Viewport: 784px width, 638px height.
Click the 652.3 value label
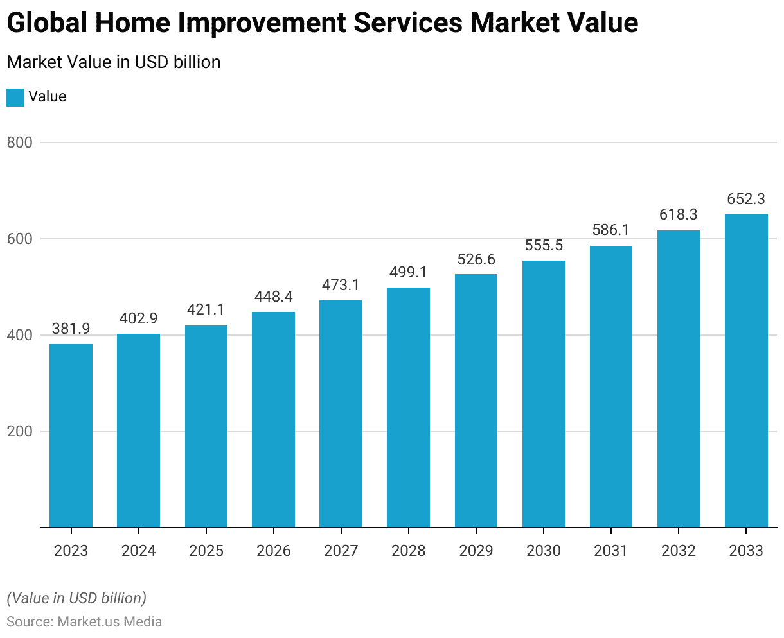(746, 199)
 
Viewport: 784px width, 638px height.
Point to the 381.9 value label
(71, 329)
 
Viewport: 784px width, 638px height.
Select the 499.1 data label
(408, 272)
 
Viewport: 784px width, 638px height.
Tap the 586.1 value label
(611, 230)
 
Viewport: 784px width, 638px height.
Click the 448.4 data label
(273, 297)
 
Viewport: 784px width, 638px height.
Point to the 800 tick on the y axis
(19, 142)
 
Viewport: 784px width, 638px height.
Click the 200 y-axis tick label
(19, 431)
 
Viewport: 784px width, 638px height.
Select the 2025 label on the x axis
(206, 551)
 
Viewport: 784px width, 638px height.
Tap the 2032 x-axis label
(679, 551)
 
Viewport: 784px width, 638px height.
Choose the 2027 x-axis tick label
(341, 551)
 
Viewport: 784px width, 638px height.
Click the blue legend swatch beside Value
(15, 97)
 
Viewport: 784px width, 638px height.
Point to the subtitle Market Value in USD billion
(114, 62)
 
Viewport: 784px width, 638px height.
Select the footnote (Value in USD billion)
(76, 598)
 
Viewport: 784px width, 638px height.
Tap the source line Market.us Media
(84, 622)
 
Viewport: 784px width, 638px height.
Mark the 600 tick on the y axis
(19, 239)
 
